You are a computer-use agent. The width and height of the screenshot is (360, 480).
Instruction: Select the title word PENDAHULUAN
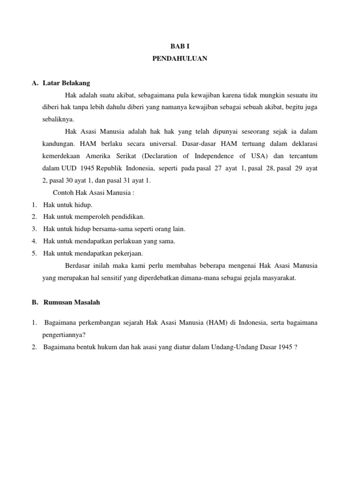(180, 59)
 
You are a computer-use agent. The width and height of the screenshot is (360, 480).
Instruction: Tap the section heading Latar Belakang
(66, 83)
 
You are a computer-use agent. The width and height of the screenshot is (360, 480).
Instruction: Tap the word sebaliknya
(58, 120)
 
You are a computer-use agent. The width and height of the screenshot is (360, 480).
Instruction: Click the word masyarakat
(278, 278)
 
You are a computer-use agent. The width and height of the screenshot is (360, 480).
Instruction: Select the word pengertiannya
(63, 335)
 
